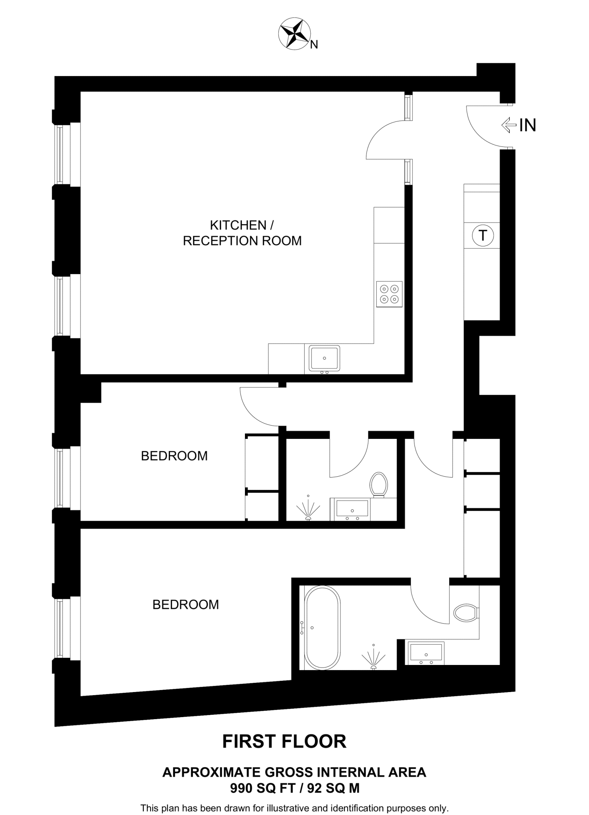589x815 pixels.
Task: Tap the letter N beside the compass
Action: (x=314, y=45)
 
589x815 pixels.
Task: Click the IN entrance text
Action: (x=527, y=125)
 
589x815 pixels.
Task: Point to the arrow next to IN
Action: (x=509, y=125)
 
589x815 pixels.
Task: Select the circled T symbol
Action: (x=483, y=235)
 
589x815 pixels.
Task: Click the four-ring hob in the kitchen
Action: (x=389, y=294)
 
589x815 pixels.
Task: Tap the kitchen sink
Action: (x=324, y=358)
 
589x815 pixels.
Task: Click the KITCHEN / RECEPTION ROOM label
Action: (x=242, y=233)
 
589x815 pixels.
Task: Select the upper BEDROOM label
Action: (x=174, y=456)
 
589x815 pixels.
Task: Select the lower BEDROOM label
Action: (x=186, y=604)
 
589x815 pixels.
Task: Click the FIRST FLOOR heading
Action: (x=284, y=741)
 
